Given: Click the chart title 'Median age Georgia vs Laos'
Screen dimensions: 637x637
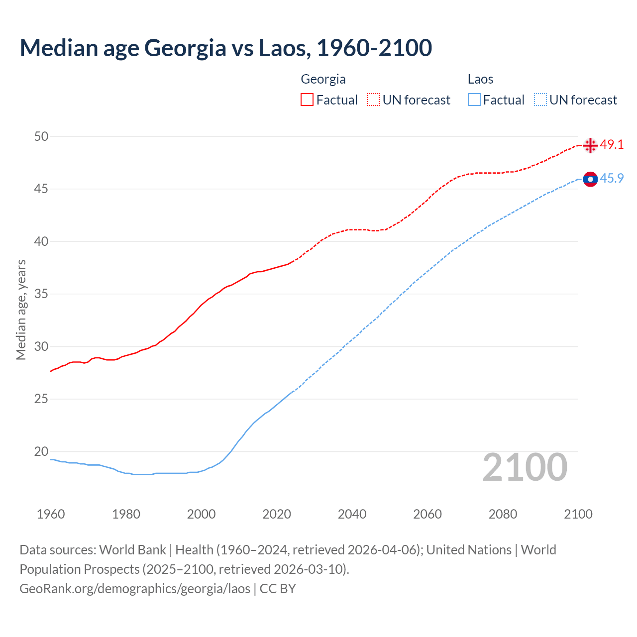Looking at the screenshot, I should click(x=225, y=48).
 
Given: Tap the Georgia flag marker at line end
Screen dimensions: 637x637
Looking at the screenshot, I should click(x=590, y=145).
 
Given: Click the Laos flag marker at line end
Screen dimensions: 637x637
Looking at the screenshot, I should click(x=590, y=179).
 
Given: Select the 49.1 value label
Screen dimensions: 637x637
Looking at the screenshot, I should click(x=612, y=145).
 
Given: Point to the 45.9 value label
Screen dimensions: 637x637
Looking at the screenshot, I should click(x=612, y=179).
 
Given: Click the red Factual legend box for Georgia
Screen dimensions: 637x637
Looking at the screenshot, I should click(x=307, y=100).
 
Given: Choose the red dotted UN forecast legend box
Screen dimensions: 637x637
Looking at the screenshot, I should click(x=373, y=100).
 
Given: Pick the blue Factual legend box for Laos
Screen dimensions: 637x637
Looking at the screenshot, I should click(x=474, y=100).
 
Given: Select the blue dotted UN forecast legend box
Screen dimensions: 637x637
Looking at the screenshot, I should click(x=540, y=100).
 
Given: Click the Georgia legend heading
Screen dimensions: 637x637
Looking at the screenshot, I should click(x=323, y=79).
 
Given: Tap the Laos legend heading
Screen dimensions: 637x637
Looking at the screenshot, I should click(x=480, y=79).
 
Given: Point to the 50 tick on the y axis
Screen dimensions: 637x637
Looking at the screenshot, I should click(x=41, y=136).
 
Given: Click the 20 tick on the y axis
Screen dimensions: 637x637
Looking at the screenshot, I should click(x=41, y=451).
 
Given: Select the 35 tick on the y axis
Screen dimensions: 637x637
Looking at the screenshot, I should click(x=41, y=294).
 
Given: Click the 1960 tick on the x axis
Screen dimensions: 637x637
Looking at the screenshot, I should click(x=51, y=514).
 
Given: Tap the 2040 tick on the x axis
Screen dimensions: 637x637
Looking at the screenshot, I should click(x=352, y=514).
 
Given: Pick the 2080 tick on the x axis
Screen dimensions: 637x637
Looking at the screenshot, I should click(x=503, y=514).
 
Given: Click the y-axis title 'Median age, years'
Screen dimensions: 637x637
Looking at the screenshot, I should click(x=21, y=310).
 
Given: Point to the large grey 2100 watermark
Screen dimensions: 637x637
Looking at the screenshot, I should click(x=525, y=467).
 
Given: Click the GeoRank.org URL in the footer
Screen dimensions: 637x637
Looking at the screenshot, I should click(x=135, y=589).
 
